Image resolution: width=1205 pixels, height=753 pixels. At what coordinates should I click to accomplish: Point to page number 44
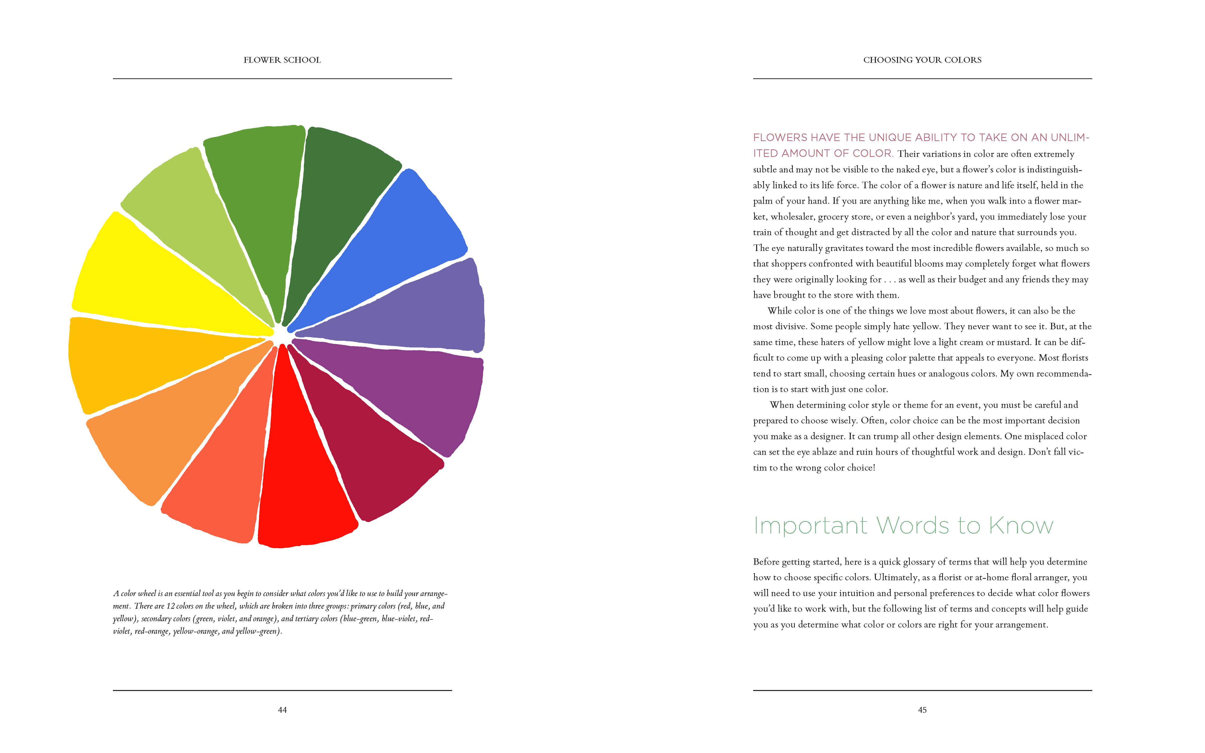(282, 710)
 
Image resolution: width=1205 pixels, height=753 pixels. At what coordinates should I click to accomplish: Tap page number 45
(922, 710)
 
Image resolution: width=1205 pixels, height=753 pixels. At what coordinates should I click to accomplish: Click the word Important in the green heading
(810, 526)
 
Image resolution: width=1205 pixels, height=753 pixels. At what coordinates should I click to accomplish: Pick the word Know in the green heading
(1021, 526)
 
